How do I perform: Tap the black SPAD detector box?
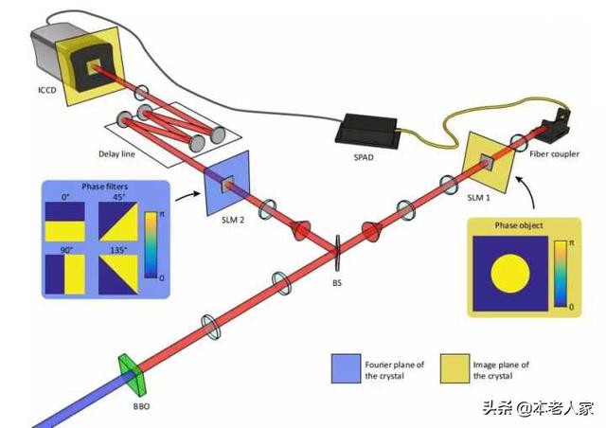366,131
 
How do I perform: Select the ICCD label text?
47,90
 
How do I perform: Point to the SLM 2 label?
233,220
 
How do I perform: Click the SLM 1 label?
478,198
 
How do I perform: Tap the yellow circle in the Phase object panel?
510,274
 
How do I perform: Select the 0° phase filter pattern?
65,222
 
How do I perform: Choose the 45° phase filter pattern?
118,222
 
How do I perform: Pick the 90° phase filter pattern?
65,274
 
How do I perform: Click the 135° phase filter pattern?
118,274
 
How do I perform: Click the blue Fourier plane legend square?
346,368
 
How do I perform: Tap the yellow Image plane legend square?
454,368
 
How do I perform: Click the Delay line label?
116,154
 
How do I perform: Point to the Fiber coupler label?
554,154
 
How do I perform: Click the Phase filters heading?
104,187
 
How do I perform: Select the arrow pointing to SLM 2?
188,196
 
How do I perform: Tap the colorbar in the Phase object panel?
560,274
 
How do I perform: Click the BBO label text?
141,407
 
